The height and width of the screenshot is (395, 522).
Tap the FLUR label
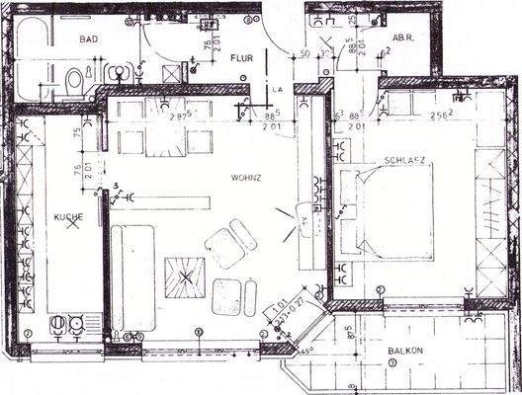[242, 58]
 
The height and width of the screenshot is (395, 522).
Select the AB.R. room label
[403, 39]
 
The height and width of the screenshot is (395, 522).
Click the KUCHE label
[68, 215]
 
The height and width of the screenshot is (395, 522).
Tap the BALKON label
[405, 350]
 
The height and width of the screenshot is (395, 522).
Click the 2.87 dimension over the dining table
[178, 118]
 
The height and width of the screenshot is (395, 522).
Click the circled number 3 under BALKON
[392, 363]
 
